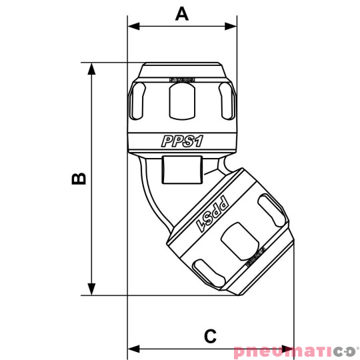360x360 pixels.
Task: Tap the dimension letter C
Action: click(210, 335)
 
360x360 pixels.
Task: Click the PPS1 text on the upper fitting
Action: click(181, 141)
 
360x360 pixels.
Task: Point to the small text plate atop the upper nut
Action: click(181, 79)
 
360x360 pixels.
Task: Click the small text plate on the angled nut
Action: click(255, 257)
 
